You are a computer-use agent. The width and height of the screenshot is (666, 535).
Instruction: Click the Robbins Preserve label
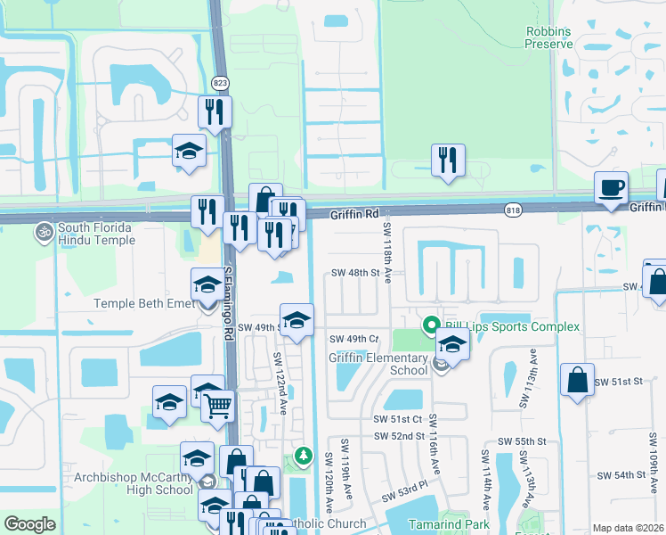click(547, 37)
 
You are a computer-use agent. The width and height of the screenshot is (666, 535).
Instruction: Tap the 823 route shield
click(219, 83)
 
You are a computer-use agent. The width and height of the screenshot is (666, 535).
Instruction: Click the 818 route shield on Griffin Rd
click(512, 210)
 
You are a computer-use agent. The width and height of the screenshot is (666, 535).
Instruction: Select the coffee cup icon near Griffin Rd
click(612, 188)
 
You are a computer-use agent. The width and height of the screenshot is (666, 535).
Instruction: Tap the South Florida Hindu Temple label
click(96, 234)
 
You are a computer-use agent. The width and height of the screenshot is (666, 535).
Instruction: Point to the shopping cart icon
click(216, 406)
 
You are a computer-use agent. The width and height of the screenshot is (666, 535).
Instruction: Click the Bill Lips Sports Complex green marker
click(432, 325)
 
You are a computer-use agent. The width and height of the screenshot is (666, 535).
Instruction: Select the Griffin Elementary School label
click(378, 364)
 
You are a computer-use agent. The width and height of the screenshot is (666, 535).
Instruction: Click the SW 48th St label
click(355, 273)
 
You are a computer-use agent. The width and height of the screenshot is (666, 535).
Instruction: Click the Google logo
click(29, 524)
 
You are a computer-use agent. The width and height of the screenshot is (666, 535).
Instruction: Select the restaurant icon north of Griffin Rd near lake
click(447, 160)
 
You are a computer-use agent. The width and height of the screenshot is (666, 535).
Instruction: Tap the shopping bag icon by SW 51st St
click(577, 379)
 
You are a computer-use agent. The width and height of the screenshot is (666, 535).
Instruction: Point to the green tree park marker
click(305, 457)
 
